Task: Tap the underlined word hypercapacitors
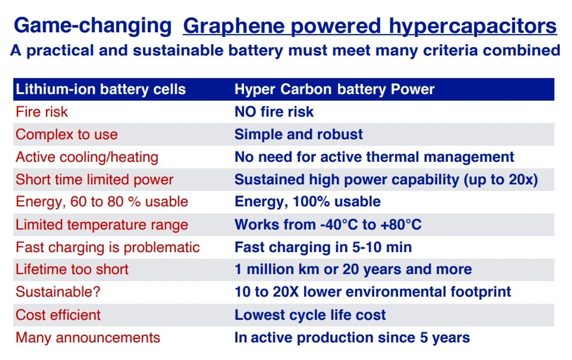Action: click(x=473, y=26)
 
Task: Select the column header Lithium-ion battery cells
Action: click(x=101, y=89)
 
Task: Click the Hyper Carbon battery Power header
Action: click(x=334, y=89)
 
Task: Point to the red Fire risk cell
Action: click(x=42, y=112)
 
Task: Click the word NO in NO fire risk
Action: click(x=245, y=112)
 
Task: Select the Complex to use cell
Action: click(x=66, y=135)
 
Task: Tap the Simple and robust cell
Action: click(x=298, y=134)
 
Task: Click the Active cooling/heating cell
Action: click(x=87, y=157)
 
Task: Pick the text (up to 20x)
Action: click(x=500, y=179)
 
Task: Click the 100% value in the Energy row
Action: click(x=311, y=201)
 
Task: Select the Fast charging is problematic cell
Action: click(x=108, y=248)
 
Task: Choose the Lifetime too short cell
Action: click(x=72, y=270)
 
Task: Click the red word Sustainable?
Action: click(x=58, y=292)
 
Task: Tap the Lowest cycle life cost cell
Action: click(x=310, y=315)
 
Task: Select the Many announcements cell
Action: click(x=88, y=338)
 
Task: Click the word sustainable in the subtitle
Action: click(x=178, y=50)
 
